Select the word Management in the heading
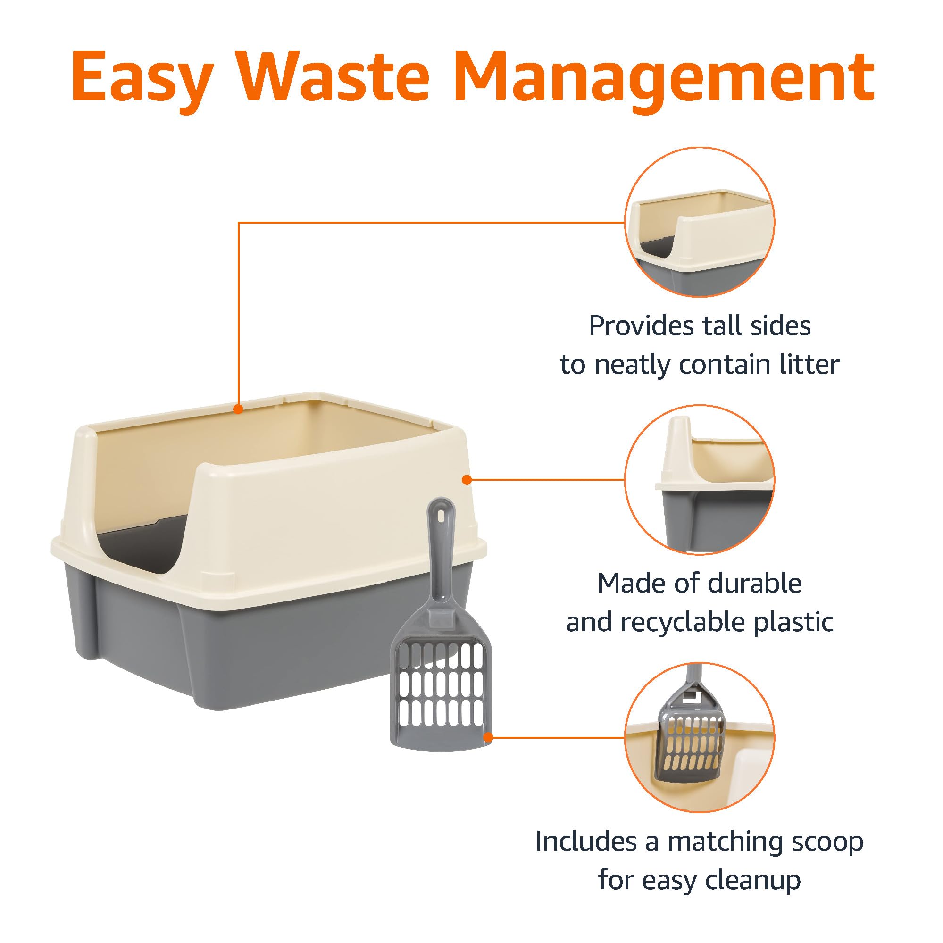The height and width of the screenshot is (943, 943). pos(666,78)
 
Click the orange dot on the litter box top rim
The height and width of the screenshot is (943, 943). pos(238,409)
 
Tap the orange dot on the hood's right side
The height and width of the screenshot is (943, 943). pos(467,480)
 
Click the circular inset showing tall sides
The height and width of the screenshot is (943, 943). pos(700,222)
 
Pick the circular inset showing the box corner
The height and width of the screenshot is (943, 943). pos(700,480)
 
